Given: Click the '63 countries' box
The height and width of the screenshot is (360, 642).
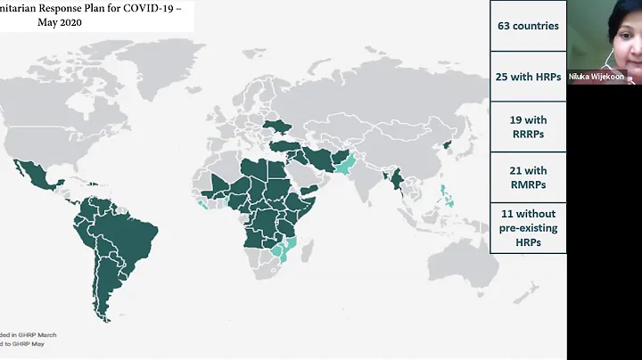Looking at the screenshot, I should click(x=529, y=25).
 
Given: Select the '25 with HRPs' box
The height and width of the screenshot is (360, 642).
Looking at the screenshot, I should click(x=529, y=77).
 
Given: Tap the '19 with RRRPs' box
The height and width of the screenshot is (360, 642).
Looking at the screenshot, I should click(x=529, y=127).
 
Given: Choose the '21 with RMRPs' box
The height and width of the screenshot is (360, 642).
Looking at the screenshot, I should click(x=529, y=178).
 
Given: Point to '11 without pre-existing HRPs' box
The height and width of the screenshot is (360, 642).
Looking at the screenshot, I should click(x=529, y=228).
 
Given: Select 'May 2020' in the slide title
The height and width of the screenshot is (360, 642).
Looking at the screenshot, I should click(x=59, y=22).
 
